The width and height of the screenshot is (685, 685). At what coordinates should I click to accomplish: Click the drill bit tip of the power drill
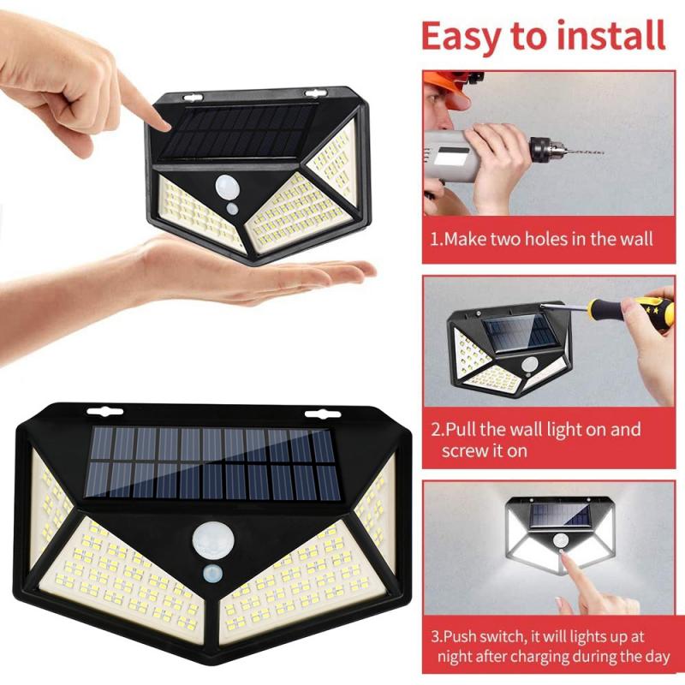[600, 153]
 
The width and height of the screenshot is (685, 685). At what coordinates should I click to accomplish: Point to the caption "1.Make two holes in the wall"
[541, 239]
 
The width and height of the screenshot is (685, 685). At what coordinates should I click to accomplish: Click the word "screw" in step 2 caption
[468, 450]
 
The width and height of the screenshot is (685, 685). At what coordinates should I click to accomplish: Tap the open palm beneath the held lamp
[257, 274]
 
